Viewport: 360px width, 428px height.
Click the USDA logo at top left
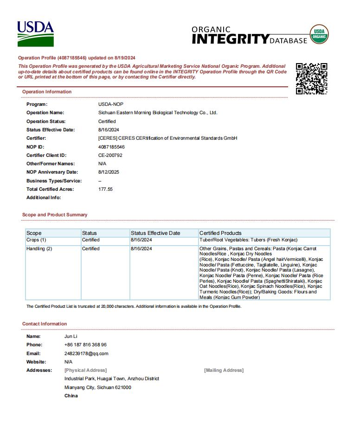(36, 34)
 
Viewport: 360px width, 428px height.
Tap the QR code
(312, 79)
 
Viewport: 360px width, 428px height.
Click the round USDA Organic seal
(319, 35)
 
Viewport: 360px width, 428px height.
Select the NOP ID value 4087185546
(111, 147)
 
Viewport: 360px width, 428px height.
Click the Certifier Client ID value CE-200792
(110, 155)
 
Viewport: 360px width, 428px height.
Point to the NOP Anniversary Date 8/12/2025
(109, 172)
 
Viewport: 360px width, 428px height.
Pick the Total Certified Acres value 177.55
(105, 189)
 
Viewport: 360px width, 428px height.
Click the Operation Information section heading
(47, 92)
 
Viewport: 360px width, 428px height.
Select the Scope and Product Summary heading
(55, 215)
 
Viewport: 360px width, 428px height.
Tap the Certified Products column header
(220, 233)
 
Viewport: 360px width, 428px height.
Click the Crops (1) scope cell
(36, 240)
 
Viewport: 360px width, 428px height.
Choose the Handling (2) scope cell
(39, 249)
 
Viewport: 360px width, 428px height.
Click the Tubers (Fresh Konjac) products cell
(248, 240)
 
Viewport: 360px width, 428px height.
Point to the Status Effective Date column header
(155, 233)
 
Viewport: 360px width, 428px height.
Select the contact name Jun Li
(71, 336)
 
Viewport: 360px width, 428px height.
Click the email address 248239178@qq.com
(86, 353)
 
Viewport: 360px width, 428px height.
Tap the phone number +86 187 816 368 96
(85, 345)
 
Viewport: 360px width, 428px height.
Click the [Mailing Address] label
(224, 370)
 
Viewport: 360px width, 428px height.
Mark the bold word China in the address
(71, 396)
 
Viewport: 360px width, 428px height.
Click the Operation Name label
(45, 113)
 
